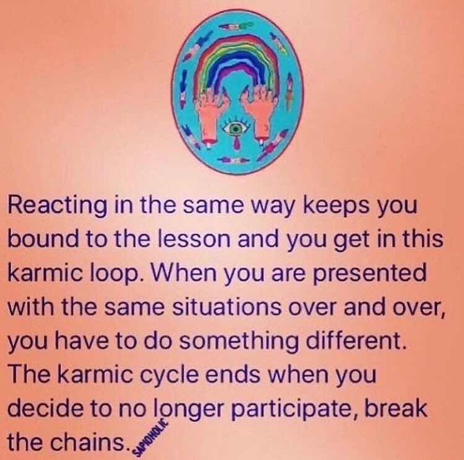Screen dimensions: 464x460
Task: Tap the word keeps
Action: [336, 205]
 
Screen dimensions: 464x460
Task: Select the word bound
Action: [43, 239]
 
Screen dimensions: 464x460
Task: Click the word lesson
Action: [194, 239]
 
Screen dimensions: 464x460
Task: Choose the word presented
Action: [370, 273]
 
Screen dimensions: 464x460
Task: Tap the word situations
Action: [226, 307]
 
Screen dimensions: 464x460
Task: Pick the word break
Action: [396, 408]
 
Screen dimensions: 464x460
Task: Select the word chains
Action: [88, 442]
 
